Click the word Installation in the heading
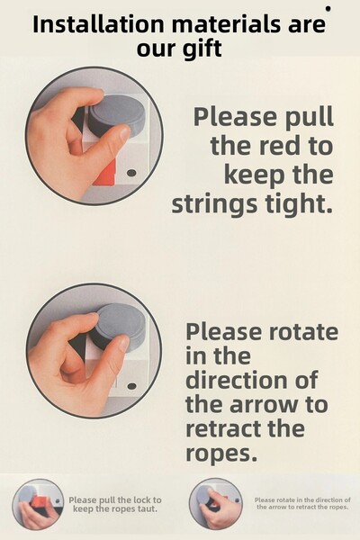click(98, 24)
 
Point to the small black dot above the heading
click(328, 9)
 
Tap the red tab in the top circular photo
click(105, 174)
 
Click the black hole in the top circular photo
click(131, 173)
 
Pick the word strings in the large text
click(214, 204)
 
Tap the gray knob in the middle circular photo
click(120, 326)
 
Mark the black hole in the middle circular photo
click(131, 386)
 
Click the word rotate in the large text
click(303, 331)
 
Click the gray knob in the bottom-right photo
click(204, 498)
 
